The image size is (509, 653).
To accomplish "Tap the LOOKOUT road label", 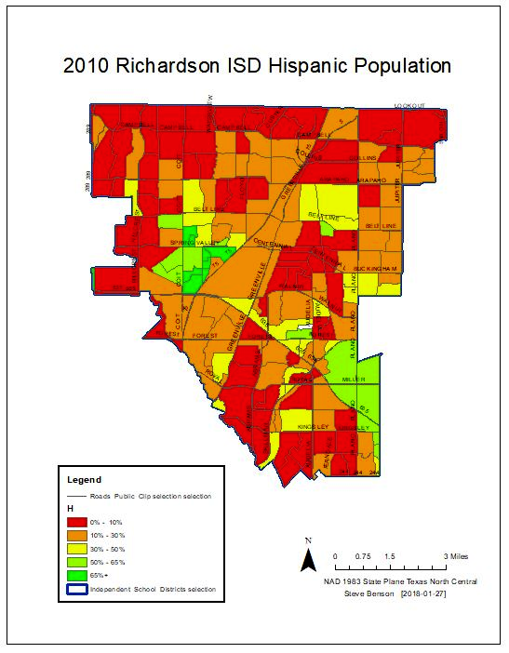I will (x=409, y=106).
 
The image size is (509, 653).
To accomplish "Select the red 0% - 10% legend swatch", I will (x=75, y=523).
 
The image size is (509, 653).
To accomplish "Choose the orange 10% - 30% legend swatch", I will (x=75, y=536).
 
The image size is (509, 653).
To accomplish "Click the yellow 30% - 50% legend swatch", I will (x=75, y=549).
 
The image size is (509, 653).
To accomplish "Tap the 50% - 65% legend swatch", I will (x=75, y=562).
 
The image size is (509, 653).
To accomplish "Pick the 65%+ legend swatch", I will (x=75, y=575).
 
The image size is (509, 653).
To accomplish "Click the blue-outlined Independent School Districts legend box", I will (x=75, y=589).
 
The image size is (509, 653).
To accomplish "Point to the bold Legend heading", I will (x=85, y=480).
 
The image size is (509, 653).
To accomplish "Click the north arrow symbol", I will (x=308, y=557).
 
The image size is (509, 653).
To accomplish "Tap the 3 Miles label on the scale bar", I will (x=456, y=555).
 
